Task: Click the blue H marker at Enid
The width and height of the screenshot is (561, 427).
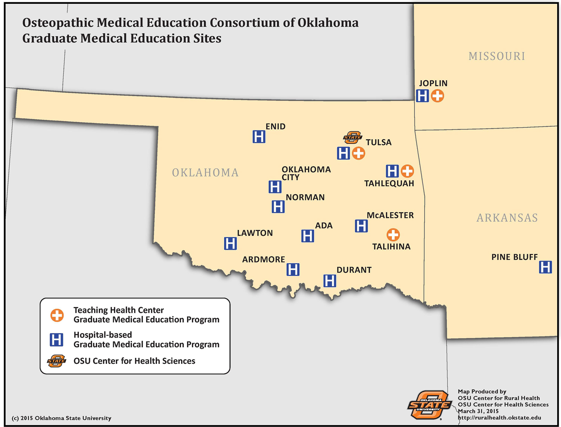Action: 259,137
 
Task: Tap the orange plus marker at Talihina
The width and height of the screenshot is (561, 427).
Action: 393,235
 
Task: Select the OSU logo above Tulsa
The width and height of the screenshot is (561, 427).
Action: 353,138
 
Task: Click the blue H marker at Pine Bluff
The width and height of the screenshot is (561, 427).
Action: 545,267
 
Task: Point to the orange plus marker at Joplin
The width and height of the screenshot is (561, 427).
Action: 437,96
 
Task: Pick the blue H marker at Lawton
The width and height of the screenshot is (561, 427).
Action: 230,243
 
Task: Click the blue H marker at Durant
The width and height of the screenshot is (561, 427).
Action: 329,281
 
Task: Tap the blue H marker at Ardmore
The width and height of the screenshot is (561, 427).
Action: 293,270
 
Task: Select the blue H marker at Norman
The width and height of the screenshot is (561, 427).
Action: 278,207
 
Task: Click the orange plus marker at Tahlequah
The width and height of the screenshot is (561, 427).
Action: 407,171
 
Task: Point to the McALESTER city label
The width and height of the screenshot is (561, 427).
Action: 390,215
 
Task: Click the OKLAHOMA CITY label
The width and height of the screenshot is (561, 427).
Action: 306,173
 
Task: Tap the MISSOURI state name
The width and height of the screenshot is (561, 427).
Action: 497,56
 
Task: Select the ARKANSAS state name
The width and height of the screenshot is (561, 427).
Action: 507,218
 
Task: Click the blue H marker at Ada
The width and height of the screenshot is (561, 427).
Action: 307,236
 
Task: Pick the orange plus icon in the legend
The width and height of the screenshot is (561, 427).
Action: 57,315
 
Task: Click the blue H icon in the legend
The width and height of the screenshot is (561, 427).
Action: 56,340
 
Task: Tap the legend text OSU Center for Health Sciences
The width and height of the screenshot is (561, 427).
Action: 134,361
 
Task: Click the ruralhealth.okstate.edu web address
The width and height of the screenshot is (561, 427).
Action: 499,418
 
